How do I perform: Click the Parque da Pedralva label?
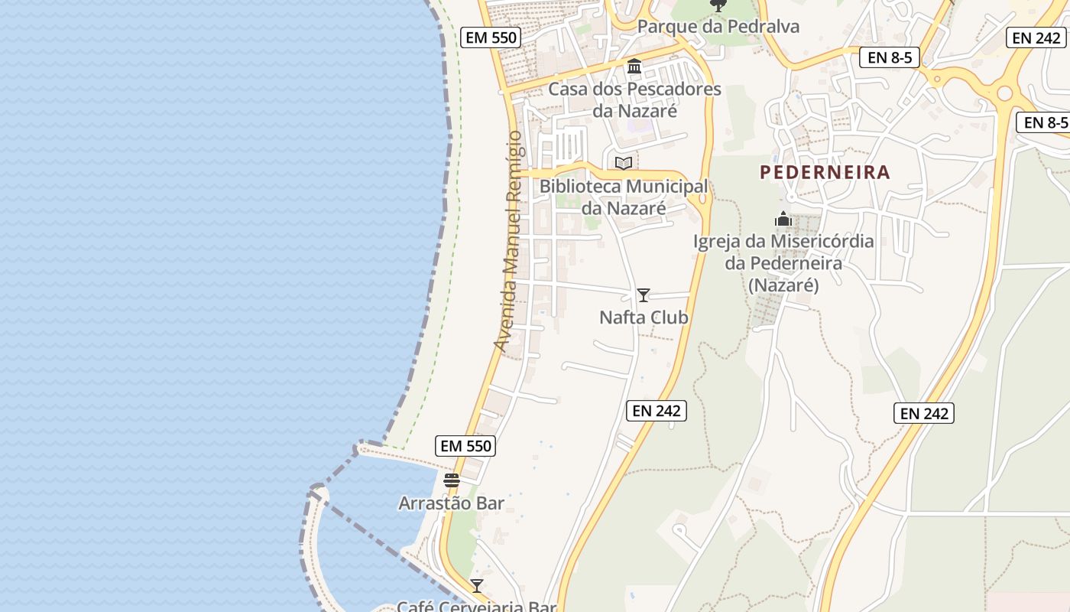pos(718,27)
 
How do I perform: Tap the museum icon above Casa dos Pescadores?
pos(634,67)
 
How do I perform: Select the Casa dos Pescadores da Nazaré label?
pos(634,99)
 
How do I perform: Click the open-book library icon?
pos(624,163)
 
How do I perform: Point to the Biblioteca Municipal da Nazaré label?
pos(624,197)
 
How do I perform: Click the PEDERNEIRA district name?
pos(825,172)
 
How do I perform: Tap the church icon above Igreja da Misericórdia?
pos(783,220)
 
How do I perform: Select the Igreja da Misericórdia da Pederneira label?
pos(783,263)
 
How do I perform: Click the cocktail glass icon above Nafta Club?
pos(644,295)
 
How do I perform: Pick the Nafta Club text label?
pos(644,317)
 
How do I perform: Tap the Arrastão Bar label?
pos(451,503)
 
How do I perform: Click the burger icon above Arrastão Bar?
pos(452,480)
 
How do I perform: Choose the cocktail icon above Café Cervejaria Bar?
pos(477,586)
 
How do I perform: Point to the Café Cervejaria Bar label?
pos(475,607)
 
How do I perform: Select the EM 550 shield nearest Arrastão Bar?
pos(465,446)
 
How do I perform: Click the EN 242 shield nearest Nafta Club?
pos(657,411)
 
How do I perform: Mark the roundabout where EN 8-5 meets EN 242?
pos(1004,93)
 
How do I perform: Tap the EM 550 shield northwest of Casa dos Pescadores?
pos(491,37)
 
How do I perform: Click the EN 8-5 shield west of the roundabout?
pos(889,57)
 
